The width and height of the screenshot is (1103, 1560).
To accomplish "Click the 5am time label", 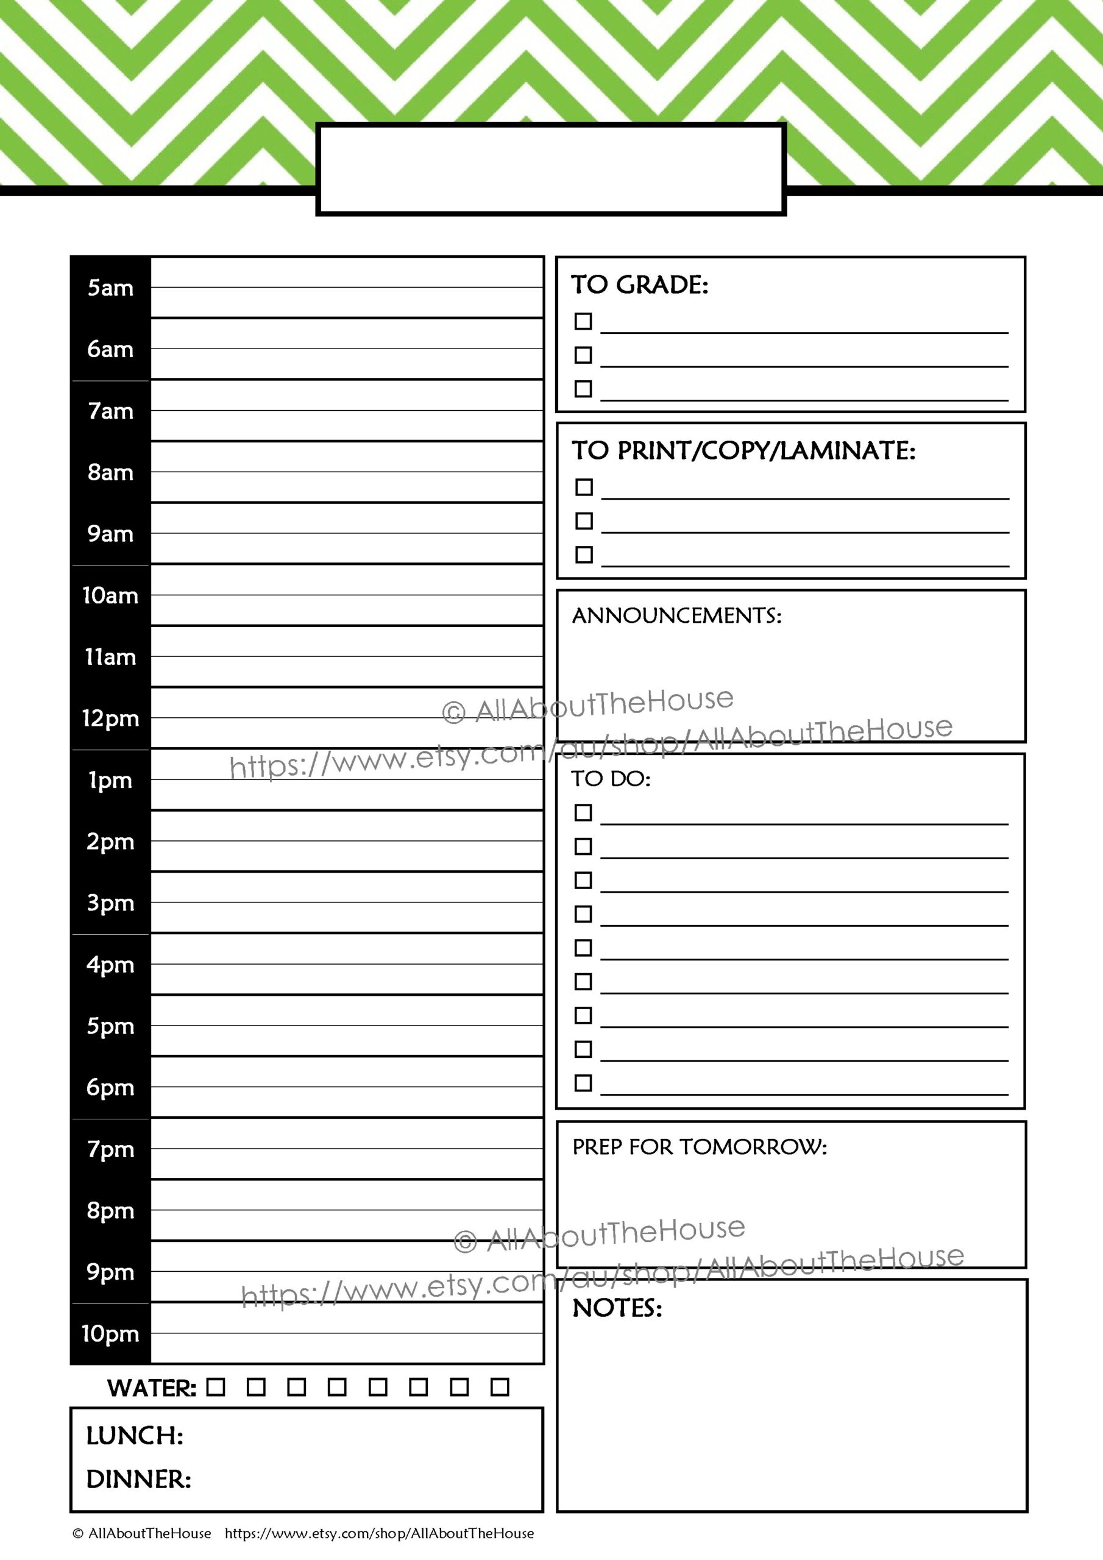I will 110,288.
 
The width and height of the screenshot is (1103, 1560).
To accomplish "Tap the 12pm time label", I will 110,719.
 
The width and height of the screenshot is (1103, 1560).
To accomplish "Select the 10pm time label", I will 110,1334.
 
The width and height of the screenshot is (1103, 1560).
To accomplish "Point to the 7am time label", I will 110,411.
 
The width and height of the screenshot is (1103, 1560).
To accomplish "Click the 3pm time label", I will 110,904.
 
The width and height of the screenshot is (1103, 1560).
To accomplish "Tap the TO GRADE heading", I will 639,285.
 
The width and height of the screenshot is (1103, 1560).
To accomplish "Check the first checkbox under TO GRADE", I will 583,321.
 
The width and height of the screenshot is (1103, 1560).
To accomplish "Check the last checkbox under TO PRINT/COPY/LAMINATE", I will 584,555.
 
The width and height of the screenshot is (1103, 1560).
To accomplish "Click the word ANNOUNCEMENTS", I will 677,615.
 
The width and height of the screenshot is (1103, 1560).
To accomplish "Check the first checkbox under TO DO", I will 583,813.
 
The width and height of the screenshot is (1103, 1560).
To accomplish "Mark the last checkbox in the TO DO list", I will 583,1083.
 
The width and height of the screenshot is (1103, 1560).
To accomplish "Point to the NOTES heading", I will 617,1308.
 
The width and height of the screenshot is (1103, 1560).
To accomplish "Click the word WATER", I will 152,1388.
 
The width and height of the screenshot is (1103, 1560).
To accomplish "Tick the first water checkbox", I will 216,1387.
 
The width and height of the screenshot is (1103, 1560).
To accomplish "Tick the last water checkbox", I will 500,1387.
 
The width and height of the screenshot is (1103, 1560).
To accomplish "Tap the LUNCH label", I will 135,1436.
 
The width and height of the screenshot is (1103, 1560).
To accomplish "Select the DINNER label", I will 139,1479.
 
